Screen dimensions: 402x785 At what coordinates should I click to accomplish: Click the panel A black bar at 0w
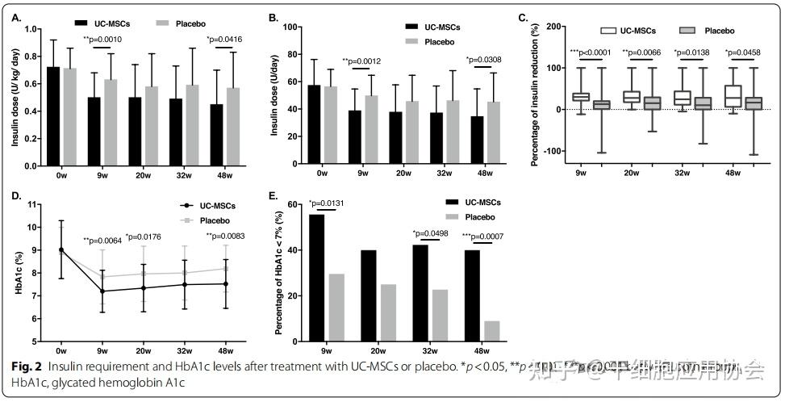pos(53,116)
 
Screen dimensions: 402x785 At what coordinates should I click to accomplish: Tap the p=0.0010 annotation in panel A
pos(102,39)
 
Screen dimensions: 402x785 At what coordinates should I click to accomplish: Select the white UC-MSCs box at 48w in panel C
pos(733,96)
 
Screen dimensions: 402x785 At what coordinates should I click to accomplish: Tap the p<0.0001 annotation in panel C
pos(591,52)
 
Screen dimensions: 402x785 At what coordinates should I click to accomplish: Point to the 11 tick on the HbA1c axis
pos(31,205)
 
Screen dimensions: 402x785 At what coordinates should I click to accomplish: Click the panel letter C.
pos(524,15)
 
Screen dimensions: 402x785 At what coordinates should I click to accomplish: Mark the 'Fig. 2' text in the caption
pos(27,366)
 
